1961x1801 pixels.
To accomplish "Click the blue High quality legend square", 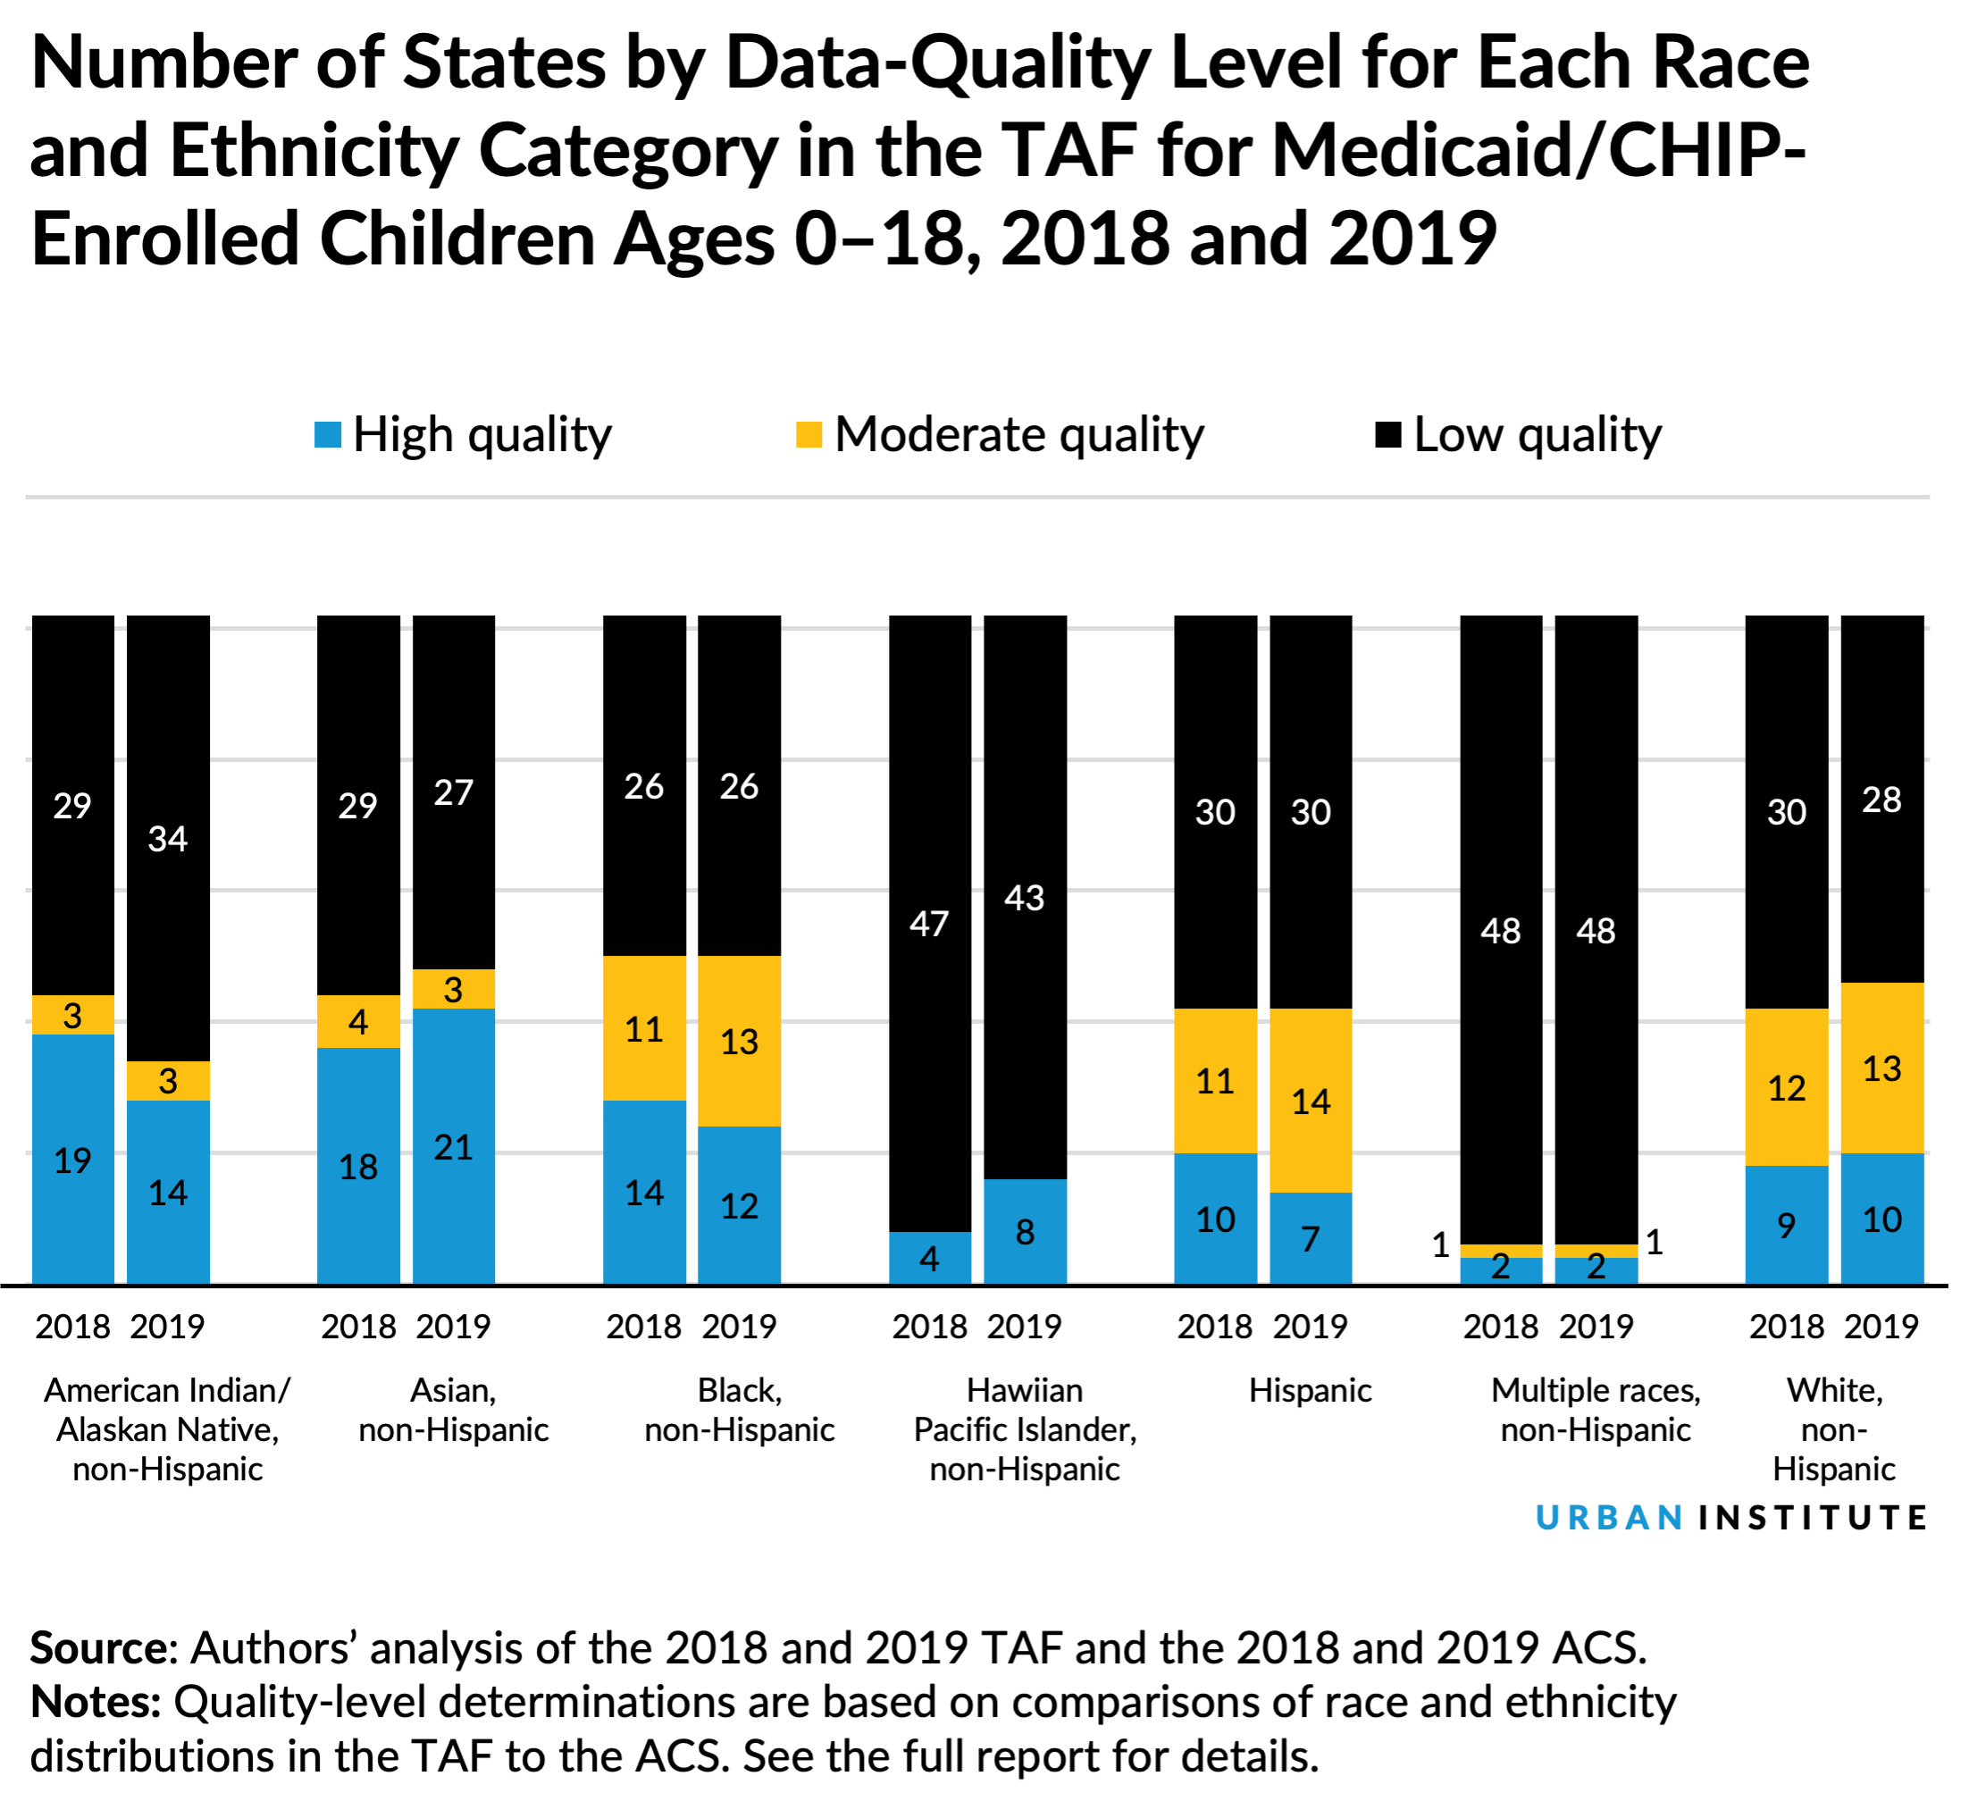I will tap(328, 435).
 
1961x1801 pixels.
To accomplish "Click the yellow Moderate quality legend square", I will tap(809, 435).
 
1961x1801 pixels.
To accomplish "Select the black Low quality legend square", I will tap(1388, 435).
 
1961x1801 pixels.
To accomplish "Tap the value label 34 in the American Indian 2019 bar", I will tap(168, 839).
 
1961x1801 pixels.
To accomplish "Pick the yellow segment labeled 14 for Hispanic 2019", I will tap(1310, 1101).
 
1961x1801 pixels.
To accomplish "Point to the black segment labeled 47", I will tap(929, 922).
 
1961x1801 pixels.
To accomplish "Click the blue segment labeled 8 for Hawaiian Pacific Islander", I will tap(1025, 1231).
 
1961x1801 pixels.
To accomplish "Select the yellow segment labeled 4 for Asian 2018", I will tap(357, 1021).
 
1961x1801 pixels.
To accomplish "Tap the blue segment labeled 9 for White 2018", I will tap(1786, 1224).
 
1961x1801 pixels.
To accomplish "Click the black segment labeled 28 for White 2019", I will tap(1881, 800).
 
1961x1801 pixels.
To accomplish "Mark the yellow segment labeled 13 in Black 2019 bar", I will tap(739, 1041).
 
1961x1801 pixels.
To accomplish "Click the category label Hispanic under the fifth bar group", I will tap(1310, 1391).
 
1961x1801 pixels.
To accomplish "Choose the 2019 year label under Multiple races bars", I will tap(1596, 1327).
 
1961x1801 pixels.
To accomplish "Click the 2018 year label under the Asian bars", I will tap(357, 1327).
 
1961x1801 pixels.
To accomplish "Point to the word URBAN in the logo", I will tap(1609, 1518).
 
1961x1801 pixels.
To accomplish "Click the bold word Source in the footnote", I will tap(99, 1649).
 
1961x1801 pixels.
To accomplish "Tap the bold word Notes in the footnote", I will tap(96, 1703).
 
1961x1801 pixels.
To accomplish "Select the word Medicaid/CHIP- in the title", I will tap(1539, 151).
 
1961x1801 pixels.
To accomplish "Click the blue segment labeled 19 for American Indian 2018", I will tap(72, 1160).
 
